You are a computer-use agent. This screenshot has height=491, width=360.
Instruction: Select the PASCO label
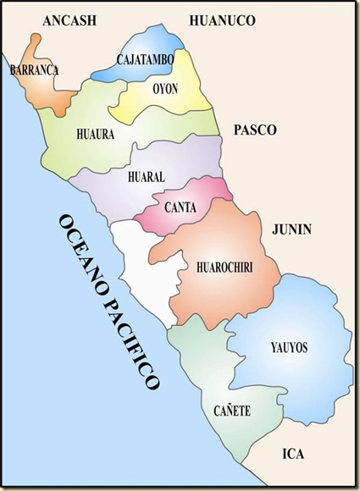point(254,130)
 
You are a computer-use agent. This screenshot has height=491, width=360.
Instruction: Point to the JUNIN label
point(292,229)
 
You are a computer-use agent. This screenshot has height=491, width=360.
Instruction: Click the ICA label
point(294,452)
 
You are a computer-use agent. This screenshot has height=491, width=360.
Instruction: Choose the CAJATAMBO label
point(145,59)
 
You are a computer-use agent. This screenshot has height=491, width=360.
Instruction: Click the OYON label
point(165,88)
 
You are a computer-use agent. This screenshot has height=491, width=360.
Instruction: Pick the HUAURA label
point(96,133)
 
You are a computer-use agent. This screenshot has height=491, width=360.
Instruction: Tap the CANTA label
point(181,206)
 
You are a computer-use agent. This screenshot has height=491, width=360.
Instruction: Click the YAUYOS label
point(289,347)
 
